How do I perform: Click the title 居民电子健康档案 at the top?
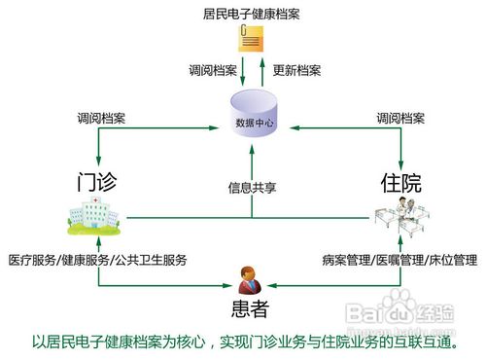click(252, 16)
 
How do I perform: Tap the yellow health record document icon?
click(250, 42)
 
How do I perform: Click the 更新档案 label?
click(296, 70)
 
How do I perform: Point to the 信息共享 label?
click(252, 187)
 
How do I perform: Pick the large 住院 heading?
click(401, 182)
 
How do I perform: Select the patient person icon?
click(251, 278)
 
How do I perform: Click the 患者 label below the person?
click(249, 310)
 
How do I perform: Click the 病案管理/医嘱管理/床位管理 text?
click(399, 261)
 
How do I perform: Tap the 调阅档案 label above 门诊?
click(101, 119)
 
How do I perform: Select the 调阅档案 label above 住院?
click(401, 119)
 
